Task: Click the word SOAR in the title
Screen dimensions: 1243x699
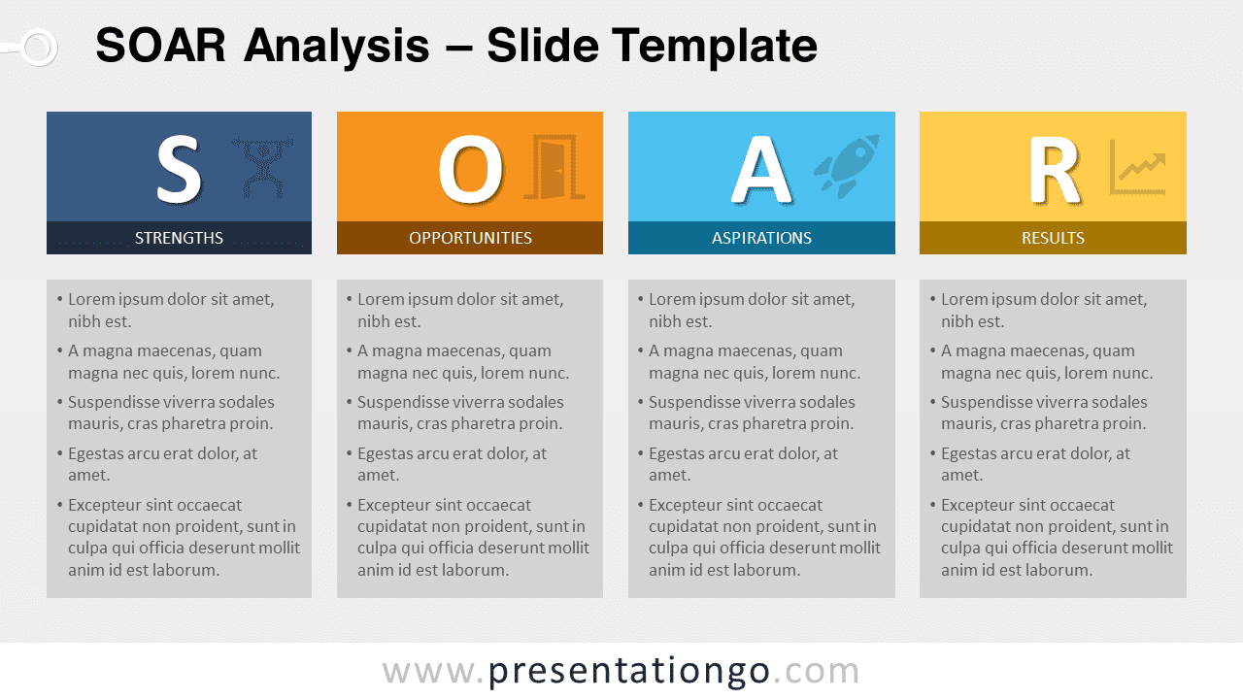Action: (x=160, y=46)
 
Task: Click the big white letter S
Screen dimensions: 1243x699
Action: (x=178, y=169)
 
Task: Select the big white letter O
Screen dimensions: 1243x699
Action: (x=471, y=169)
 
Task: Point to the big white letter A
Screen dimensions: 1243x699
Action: (x=760, y=169)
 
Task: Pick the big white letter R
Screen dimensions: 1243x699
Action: (x=1055, y=169)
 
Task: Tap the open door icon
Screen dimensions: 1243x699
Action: (x=554, y=166)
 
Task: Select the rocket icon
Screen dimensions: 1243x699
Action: (x=847, y=165)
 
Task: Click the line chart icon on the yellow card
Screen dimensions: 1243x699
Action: (x=1137, y=167)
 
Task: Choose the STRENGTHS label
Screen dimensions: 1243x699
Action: (x=179, y=238)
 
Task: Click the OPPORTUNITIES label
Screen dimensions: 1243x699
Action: (x=471, y=238)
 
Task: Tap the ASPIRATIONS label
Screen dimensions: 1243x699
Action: (x=761, y=238)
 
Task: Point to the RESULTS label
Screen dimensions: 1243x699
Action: (x=1054, y=238)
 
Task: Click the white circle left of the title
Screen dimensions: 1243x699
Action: (x=39, y=48)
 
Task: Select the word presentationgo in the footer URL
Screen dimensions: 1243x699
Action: (x=629, y=671)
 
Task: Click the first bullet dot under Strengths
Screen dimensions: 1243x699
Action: (x=60, y=300)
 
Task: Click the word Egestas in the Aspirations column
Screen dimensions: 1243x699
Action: (x=679, y=454)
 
